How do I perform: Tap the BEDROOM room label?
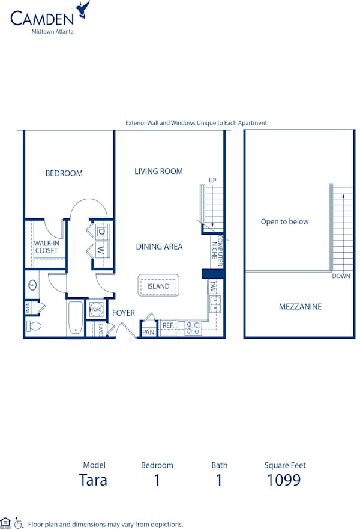click(64, 173)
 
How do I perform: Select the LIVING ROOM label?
click(158, 171)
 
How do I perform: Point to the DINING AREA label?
click(159, 247)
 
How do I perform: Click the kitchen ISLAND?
click(158, 286)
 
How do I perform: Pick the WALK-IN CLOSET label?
click(46, 247)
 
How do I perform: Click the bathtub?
click(75, 318)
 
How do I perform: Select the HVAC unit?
click(96, 310)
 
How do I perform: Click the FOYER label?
click(124, 313)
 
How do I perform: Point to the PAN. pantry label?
click(148, 332)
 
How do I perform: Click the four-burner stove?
click(193, 328)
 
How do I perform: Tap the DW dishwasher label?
click(212, 287)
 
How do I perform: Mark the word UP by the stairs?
click(212, 180)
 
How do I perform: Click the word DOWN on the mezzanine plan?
click(341, 276)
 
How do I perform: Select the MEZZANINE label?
click(300, 307)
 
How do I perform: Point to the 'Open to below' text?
click(284, 221)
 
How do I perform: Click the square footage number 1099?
click(284, 480)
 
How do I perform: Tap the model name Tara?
click(94, 480)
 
